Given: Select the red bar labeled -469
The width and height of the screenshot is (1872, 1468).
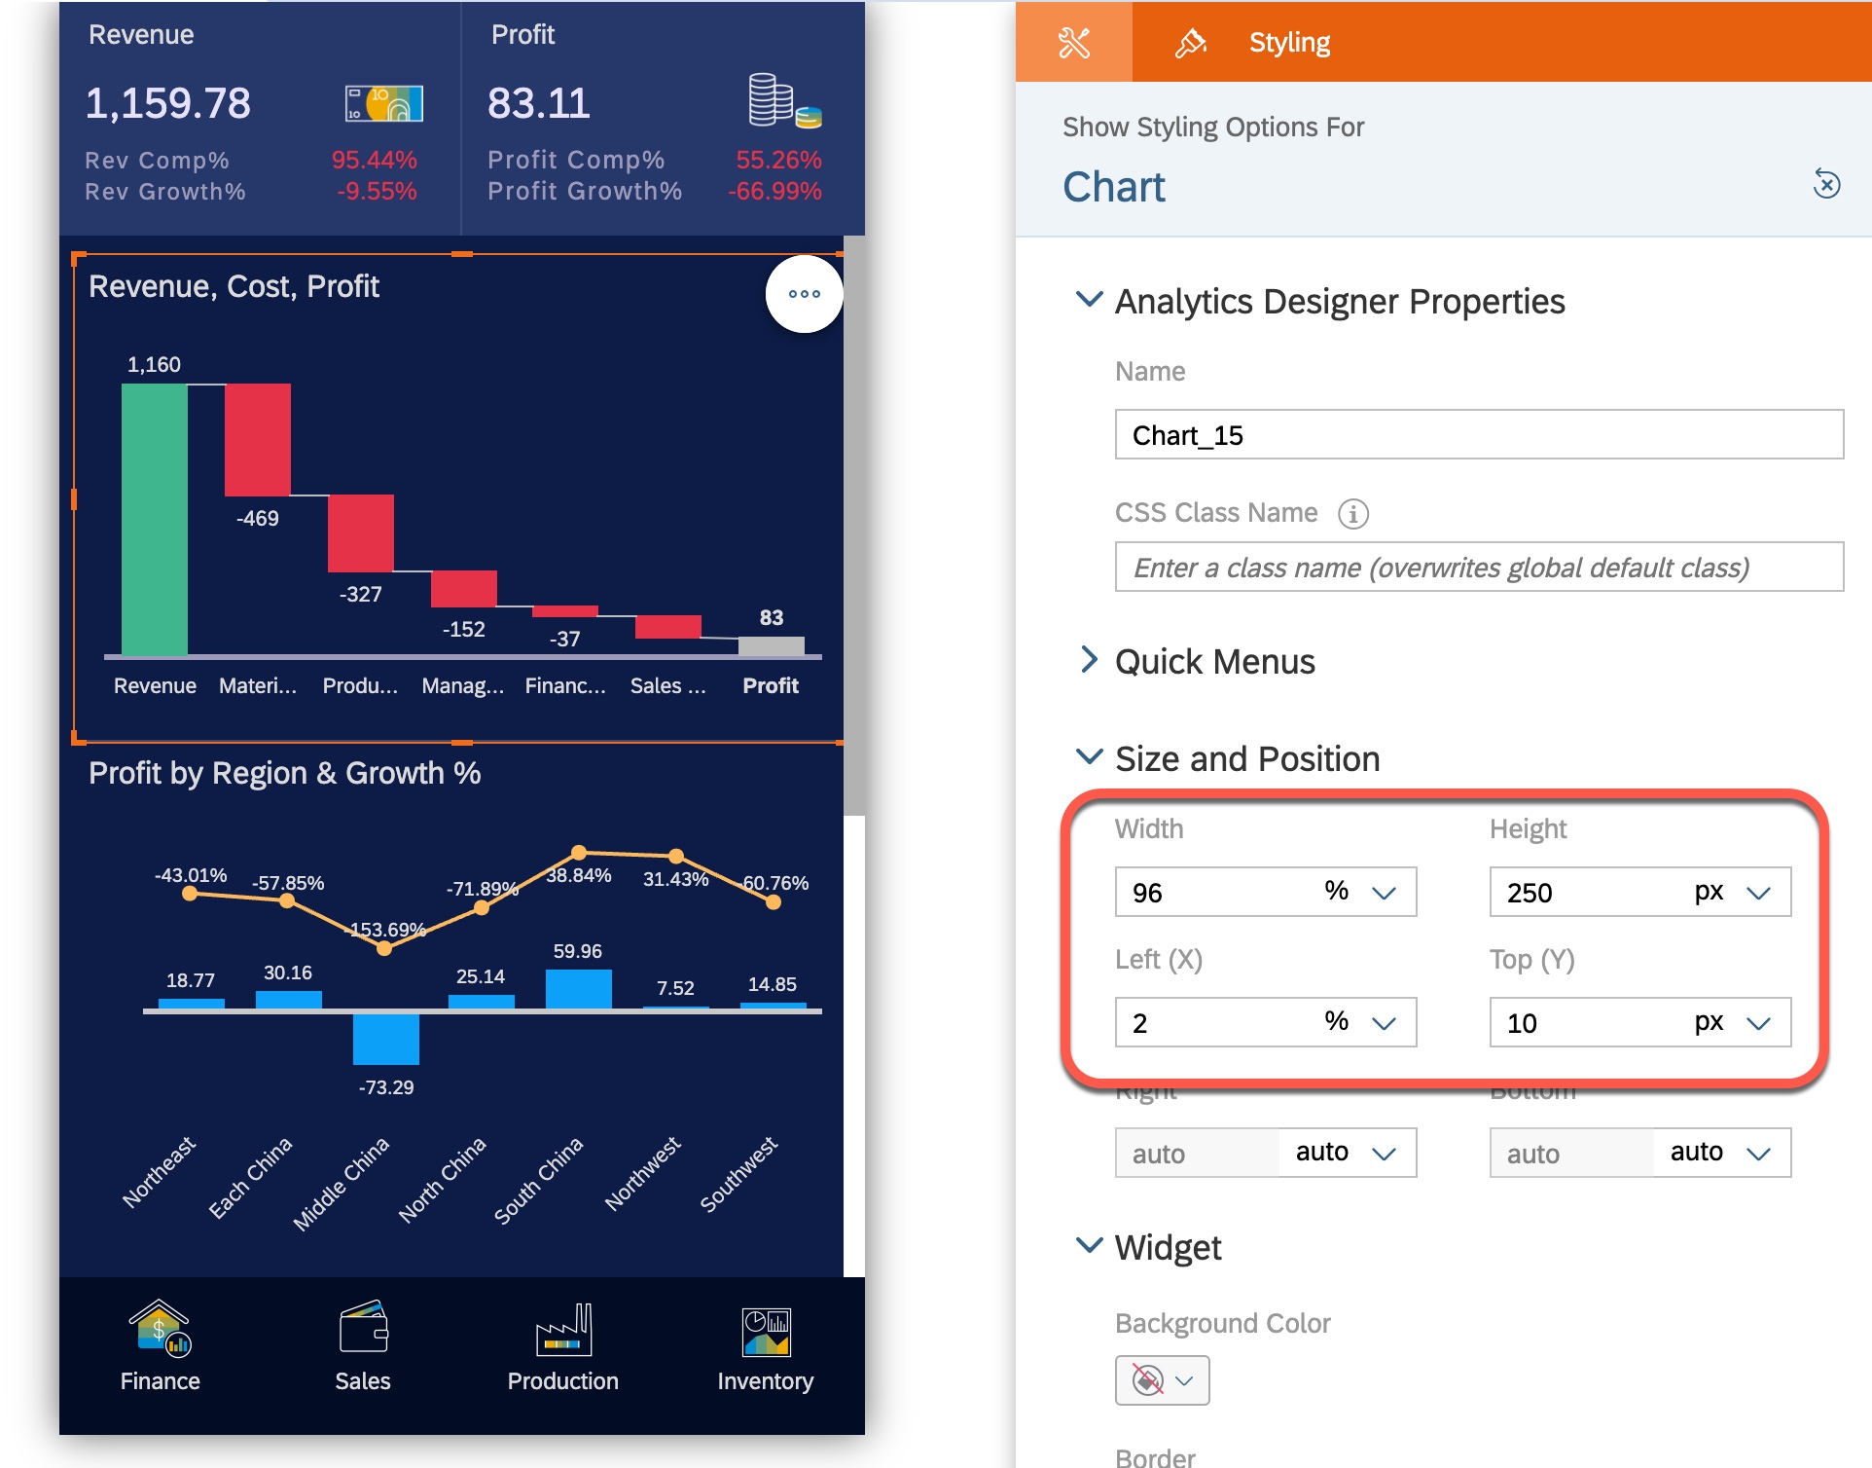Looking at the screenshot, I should pyautogui.click(x=257, y=439).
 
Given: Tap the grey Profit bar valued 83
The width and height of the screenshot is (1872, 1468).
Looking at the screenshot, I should pyautogui.click(x=771, y=646).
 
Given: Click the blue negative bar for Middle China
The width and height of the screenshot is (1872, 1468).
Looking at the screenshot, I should pyautogui.click(x=385, y=1039).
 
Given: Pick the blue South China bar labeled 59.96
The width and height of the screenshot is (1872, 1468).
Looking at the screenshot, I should pyautogui.click(x=578, y=989).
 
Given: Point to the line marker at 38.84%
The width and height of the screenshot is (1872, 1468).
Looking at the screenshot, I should pyautogui.click(x=579, y=853).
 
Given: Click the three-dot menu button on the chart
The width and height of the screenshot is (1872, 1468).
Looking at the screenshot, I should pyautogui.click(x=804, y=294).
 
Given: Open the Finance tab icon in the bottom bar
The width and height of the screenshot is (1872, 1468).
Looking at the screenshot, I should pyautogui.click(x=160, y=1330).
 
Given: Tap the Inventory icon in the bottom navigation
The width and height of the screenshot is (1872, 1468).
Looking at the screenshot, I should pyautogui.click(x=766, y=1332).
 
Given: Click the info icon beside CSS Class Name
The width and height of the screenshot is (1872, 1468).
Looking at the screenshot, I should pyautogui.click(x=1352, y=513).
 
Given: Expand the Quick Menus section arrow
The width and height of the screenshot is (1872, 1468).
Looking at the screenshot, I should pyautogui.click(x=1089, y=660).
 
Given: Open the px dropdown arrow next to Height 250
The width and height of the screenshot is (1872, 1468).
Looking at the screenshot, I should pyautogui.click(x=1757, y=893).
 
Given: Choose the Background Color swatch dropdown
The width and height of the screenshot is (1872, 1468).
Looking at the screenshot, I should pyautogui.click(x=1162, y=1380).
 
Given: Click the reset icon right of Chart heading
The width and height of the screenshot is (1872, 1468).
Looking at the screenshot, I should pyautogui.click(x=1826, y=184).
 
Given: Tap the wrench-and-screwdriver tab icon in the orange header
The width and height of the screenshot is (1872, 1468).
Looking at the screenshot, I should pyautogui.click(x=1074, y=43).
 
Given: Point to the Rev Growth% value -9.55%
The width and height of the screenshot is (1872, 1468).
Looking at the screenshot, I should pyautogui.click(x=377, y=192).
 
